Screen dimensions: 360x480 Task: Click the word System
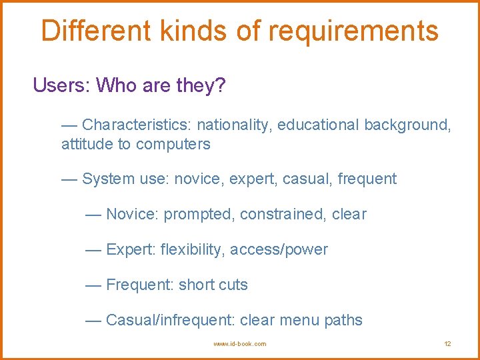(108, 179)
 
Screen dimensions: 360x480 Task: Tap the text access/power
(279, 249)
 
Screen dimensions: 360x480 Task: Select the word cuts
(233, 285)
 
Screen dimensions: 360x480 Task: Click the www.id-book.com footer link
(239, 344)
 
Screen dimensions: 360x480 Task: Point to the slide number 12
(447, 344)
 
